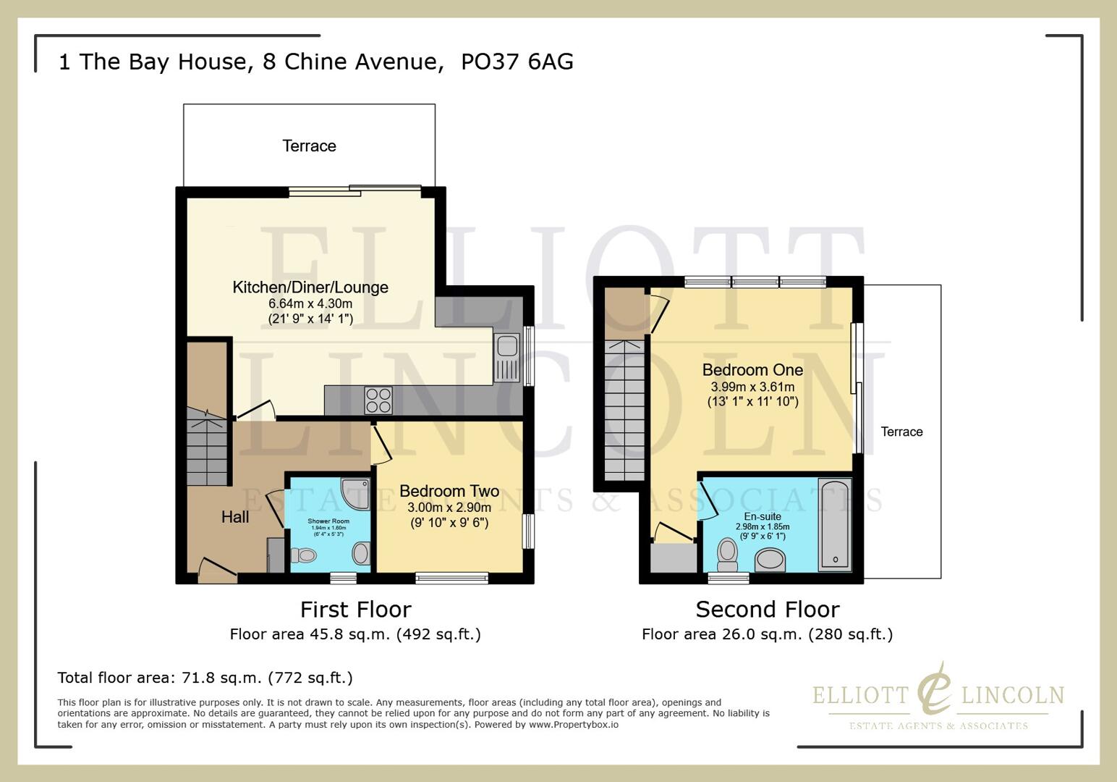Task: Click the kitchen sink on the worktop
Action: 507,358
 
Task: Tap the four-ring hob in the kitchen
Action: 378,400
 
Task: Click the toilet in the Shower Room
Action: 304,556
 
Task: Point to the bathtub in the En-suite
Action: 835,524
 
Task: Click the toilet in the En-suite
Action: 727,555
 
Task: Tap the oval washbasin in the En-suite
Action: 770,560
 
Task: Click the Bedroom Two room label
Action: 449,492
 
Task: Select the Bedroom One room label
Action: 752,370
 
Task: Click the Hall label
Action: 235,517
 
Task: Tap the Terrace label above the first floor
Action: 309,146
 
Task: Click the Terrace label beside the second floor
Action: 901,432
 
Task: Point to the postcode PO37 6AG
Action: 517,62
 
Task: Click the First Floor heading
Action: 355,610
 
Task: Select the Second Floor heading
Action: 767,610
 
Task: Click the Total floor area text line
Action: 205,678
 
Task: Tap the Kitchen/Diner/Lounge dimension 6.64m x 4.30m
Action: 310,303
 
